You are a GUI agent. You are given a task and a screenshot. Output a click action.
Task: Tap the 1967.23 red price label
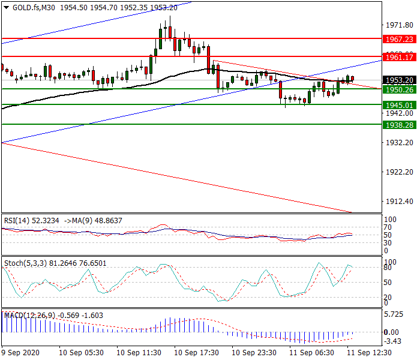coord(399,39)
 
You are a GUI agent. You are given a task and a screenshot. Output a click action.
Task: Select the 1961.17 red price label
coord(399,57)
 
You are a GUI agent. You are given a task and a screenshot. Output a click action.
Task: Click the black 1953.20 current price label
coord(399,80)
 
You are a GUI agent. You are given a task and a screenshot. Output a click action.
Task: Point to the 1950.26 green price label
coord(399,89)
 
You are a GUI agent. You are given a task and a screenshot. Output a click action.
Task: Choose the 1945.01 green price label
coord(399,105)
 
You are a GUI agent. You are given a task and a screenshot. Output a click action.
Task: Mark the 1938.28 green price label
coord(399,125)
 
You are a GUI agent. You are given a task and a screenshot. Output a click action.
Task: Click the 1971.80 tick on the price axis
coord(398,25)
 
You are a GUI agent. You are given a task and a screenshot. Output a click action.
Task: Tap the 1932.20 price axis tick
coord(398,143)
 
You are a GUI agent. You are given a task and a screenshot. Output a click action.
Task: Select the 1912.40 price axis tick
coord(398,202)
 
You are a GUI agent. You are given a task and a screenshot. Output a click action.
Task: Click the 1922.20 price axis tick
coord(398,172)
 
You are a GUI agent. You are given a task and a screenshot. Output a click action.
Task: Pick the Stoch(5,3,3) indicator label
coord(24,263)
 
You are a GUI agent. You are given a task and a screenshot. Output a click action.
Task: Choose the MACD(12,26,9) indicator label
coord(28,315)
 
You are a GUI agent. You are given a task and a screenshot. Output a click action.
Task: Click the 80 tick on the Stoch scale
coord(389,268)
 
